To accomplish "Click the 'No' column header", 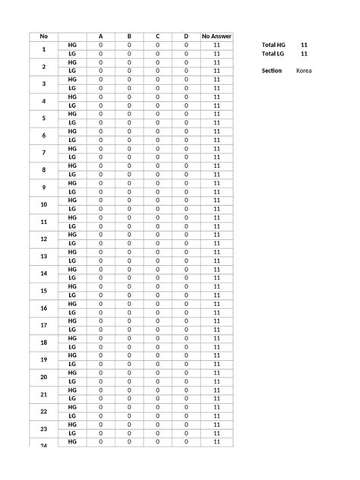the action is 43,36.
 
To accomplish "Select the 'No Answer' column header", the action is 216,36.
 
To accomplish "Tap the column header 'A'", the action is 100,36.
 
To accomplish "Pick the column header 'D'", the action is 186,36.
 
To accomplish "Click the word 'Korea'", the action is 304,71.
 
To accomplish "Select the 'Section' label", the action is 272,71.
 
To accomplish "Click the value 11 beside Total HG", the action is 304,46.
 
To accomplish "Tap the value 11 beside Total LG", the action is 304,54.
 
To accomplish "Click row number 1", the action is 43,49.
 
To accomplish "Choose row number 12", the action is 43,239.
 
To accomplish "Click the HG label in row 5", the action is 72,114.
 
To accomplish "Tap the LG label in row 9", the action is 72,191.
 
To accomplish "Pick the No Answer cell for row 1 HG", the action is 216,46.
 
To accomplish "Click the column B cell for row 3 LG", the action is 129,88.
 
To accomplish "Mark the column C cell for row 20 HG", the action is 157,373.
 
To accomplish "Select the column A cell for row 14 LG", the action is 100,278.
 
